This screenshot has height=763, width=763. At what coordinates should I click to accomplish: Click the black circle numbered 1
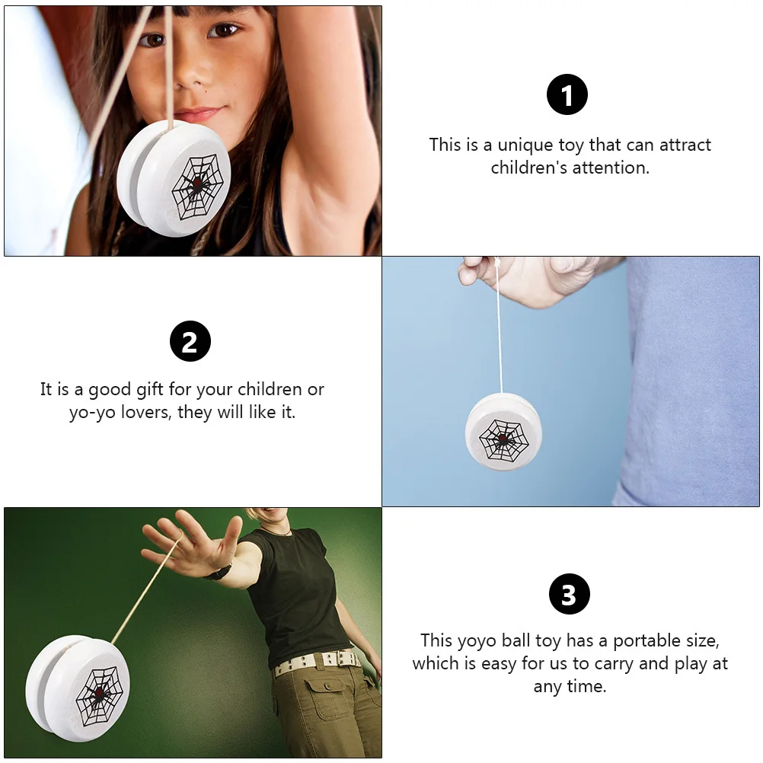[568, 96]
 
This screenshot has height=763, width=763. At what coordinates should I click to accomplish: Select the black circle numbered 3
[568, 594]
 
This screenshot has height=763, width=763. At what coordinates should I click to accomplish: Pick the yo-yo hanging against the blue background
[503, 433]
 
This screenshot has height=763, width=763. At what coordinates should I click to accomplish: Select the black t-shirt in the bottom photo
[297, 594]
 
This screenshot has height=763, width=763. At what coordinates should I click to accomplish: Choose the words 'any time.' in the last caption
[570, 686]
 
